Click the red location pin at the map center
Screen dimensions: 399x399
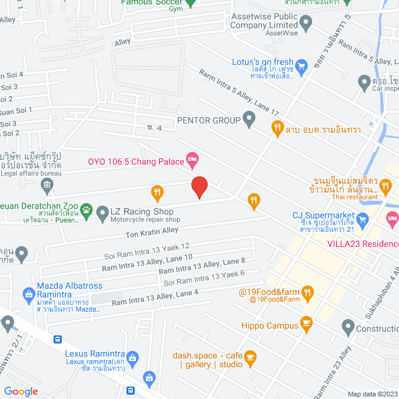(199, 186)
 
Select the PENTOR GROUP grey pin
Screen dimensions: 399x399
(249, 118)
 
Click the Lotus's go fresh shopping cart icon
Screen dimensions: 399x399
(301, 65)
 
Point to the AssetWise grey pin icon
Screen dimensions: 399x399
(305, 24)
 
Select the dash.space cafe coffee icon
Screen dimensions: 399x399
(250, 357)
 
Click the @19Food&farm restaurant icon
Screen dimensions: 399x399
(307, 292)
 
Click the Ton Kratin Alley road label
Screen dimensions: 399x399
(152, 232)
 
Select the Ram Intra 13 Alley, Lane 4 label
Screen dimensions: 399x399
(155, 297)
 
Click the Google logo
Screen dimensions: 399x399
(21, 391)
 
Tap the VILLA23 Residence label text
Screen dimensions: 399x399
(363, 244)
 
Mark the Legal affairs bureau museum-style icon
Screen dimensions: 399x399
(47, 185)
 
